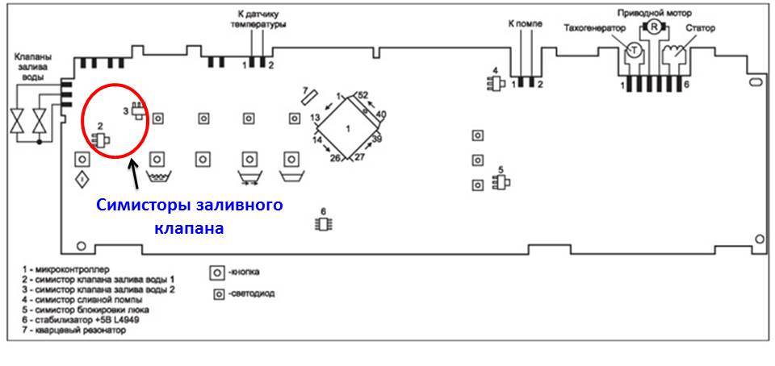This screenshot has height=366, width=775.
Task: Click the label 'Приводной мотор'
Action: click(x=654, y=11)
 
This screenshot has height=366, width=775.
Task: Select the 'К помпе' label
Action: click(x=526, y=23)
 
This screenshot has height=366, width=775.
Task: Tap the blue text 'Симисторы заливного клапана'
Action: click(x=190, y=216)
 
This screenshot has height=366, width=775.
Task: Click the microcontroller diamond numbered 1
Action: click(x=348, y=128)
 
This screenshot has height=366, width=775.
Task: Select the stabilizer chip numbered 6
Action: click(x=323, y=223)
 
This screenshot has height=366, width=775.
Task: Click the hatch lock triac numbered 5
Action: click(x=501, y=183)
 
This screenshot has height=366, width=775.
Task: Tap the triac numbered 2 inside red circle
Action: click(x=102, y=140)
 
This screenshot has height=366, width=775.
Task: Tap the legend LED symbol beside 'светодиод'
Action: click(x=217, y=293)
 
